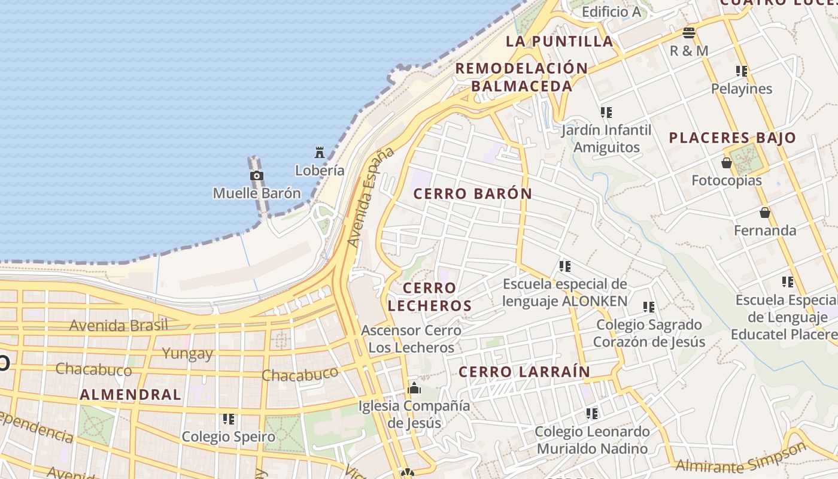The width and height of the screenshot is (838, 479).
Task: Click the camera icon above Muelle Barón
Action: [x=257, y=175]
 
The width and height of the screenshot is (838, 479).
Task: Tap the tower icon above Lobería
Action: [x=320, y=153]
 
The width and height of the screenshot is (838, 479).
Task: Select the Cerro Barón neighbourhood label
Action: [x=472, y=194]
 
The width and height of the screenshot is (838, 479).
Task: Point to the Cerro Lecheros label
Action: [x=429, y=297]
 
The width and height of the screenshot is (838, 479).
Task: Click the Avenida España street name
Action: [x=371, y=197]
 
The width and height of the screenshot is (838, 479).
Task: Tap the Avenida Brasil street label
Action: [x=119, y=326]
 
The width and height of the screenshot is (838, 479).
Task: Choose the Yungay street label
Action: [x=187, y=353]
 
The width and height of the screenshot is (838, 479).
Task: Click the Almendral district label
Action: [x=130, y=395]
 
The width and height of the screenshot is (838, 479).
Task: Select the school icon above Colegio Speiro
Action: [x=228, y=419]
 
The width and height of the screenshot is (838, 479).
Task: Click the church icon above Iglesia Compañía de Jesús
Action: [x=414, y=388]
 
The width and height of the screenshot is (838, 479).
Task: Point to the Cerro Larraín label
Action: [x=524, y=372]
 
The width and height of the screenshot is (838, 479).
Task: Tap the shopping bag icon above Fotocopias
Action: [x=727, y=163]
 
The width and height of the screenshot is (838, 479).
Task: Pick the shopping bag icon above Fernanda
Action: [x=764, y=213]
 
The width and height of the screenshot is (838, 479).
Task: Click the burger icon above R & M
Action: [x=688, y=32]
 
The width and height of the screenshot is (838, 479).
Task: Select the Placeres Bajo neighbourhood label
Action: [x=732, y=138]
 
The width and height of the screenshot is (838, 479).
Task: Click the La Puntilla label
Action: [x=559, y=41]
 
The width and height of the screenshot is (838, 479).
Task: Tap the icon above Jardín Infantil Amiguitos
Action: [x=606, y=112]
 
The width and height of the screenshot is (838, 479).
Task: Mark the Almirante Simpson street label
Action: [x=741, y=459]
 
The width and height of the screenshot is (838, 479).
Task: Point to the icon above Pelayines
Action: [x=742, y=71]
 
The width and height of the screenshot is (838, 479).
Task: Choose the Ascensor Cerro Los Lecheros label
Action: [x=411, y=338]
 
